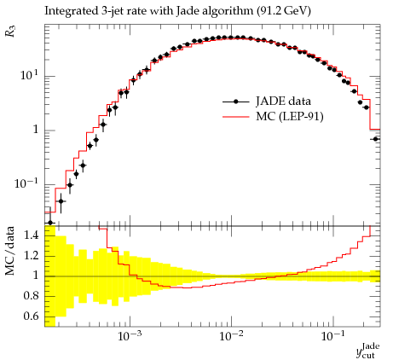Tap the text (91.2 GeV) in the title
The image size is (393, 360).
click(x=284, y=11)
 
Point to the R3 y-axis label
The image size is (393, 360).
click(x=10, y=32)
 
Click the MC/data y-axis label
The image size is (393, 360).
click(x=10, y=251)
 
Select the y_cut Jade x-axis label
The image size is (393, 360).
click(x=367, y=351)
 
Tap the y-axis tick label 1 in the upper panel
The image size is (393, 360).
click(x=35, y=130)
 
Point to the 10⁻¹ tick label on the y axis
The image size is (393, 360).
click(x=26, y=183)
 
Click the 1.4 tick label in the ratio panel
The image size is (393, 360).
click(x=31, y=235)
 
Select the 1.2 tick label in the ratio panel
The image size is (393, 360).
click(x=31, y=255)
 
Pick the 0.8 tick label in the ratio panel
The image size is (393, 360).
click(x=31, y=296)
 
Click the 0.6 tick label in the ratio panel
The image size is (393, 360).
click(x=31, y=316)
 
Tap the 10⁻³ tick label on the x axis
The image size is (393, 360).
click(x=130, y=336)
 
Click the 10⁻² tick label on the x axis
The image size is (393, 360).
click(x=232, y=336)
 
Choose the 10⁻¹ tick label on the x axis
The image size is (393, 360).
click(x=333, y=336)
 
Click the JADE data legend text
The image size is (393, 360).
click(x=283, y=102)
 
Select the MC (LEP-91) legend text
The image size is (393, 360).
click(x=290, y=116)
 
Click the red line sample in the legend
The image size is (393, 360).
click(x=236, y=117)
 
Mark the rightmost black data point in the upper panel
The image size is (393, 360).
click(x=375, y=139)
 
